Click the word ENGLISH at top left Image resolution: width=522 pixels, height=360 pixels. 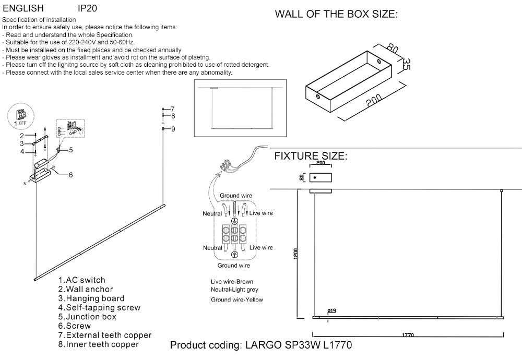click(x=23, y=9)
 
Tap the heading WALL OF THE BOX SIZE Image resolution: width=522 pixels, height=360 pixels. click(x=336, y=15)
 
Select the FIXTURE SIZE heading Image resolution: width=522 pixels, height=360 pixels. click(x=311, y=157)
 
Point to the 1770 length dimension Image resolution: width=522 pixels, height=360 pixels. click(x=408, y=335)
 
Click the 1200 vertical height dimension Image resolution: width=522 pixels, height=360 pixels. click(x=295, y=255)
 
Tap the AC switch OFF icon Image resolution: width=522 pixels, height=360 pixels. click(x=21, y=117)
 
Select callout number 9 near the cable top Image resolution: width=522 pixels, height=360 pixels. click(x=173, y=128)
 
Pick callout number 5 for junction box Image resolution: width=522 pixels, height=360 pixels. click(x=70, y=150)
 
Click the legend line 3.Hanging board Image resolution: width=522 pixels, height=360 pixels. click(x=91, y=298)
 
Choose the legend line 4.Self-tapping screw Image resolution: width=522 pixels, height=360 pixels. click(x=99, y=308)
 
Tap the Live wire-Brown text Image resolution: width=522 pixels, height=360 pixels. click(x=232, y=282)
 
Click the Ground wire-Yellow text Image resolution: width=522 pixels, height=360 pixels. click(x=237, y=299)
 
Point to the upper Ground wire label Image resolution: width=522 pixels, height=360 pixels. click(x=235, y=196)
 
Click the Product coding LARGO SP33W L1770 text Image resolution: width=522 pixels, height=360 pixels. click(x=261, y=345)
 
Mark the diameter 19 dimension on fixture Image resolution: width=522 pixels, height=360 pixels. click(x=331, y=311)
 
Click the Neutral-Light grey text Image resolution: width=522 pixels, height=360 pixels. click(x=234, y=289)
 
